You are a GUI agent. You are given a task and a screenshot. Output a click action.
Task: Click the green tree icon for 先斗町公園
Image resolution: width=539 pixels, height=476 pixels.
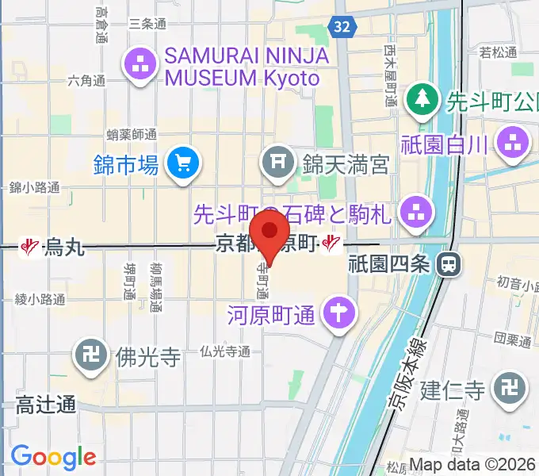tap(422, 100)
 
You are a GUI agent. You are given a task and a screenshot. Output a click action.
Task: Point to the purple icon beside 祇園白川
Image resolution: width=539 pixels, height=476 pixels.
tap(512, 144)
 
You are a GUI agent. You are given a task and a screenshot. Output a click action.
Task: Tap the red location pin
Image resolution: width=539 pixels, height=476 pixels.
tap(270, 232)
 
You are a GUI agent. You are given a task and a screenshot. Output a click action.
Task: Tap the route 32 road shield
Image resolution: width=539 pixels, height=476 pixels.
tap(342, 27)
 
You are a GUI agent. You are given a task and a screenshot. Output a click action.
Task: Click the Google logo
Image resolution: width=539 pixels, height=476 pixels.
tap(53, 457)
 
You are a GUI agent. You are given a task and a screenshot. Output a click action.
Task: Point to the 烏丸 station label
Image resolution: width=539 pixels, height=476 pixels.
tap(63, 247)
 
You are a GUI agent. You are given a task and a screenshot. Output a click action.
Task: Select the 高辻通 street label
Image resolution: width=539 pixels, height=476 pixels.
tap(46, 405)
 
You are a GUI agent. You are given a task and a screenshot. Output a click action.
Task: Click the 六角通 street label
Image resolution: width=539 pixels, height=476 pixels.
tap(86, 81)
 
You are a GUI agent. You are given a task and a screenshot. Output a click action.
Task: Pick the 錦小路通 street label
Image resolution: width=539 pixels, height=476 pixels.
tap(34, 187)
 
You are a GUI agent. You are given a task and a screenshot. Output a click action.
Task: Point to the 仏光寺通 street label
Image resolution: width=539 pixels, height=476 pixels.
tap(226, 350)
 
